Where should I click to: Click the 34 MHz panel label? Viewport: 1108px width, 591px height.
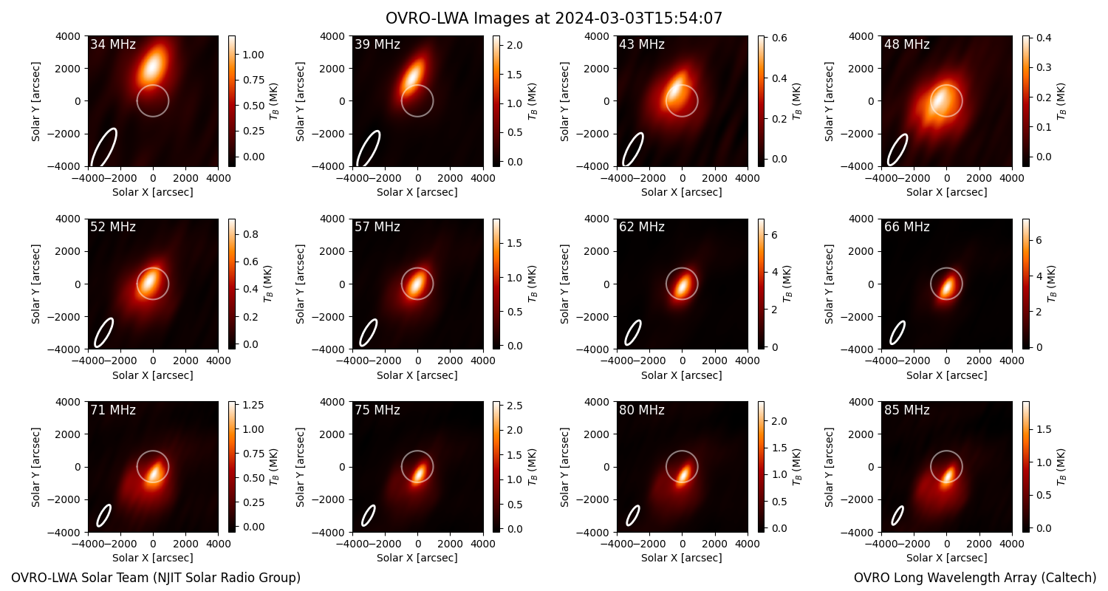pos(113,44)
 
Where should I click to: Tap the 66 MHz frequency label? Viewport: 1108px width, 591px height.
pos(906,227)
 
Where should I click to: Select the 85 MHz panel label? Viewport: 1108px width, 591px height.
pos(906,410)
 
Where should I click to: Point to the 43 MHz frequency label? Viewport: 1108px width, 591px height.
pos(642,44)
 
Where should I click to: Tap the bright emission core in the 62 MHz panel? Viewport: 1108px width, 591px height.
pos(683,287)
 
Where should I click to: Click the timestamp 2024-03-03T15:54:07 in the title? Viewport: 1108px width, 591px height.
pos(639,18)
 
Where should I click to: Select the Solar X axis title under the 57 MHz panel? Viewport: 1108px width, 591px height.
pos(417,375)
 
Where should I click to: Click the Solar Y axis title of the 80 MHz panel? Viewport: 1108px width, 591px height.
pos(564,468)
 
